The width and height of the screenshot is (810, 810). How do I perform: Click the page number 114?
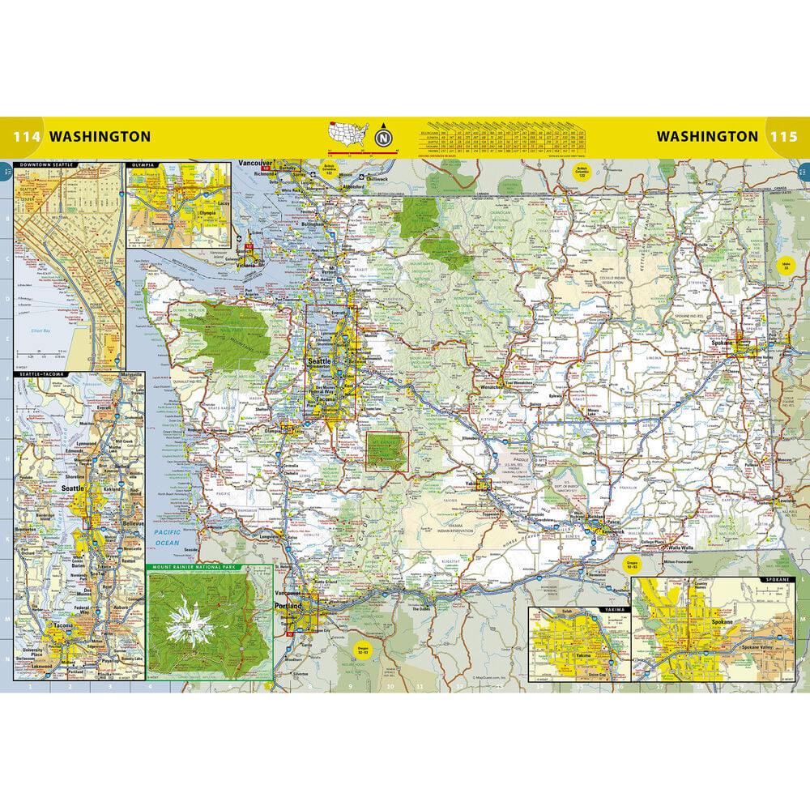26,136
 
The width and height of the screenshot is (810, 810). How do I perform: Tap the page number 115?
783,136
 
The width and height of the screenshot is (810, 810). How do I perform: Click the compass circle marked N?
382,137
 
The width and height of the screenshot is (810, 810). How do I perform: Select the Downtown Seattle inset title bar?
49,164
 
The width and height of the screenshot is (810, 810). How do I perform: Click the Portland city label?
288,606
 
